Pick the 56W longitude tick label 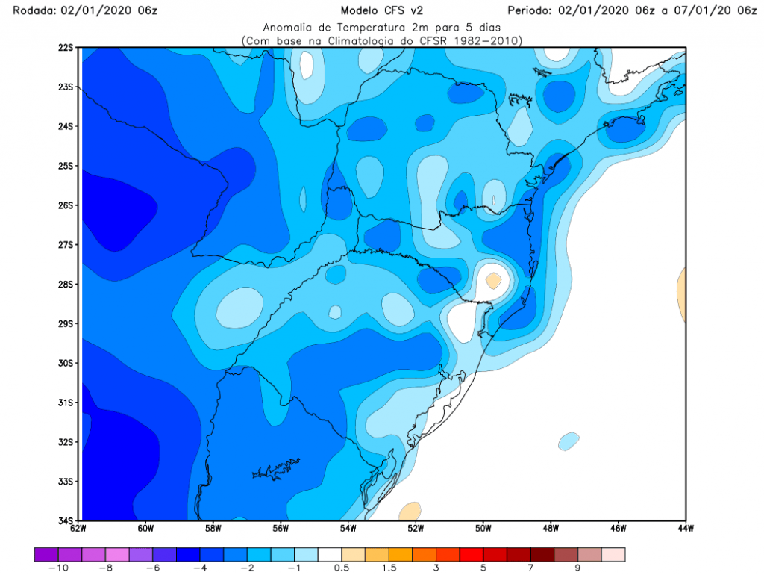[281, 529]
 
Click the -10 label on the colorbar [57, 568]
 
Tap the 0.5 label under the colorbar [341, 568]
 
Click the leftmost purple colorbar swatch [46, 554]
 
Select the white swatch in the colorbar [330, 554]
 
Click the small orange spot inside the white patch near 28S [493, 280]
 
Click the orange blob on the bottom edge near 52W [409, 512]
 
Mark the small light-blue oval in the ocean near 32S [569, 441]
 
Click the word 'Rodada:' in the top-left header [23, 10]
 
